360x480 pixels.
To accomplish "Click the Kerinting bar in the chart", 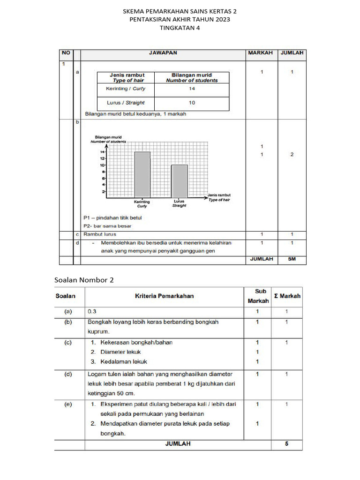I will (142, 175).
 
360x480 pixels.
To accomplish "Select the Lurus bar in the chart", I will (179, 181).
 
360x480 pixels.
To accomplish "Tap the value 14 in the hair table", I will (192, 89).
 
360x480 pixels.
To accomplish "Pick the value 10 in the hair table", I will (192, 103).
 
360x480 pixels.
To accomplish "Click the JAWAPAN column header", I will (163, 53).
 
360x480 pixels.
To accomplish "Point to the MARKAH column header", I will (260, 53).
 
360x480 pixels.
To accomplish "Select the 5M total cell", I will (292, 259).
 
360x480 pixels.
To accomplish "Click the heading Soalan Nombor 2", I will (84, 280).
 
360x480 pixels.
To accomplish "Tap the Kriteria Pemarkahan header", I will (164, 296).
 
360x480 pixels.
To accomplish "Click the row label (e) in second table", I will (68, 404).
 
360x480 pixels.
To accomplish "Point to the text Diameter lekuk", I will (120, 352).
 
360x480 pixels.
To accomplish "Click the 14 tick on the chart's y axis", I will (102, 152).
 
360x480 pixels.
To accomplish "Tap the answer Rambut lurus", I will (100, 234).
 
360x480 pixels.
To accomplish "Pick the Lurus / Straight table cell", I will (127, 103).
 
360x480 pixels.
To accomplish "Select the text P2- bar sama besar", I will (107, 226).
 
